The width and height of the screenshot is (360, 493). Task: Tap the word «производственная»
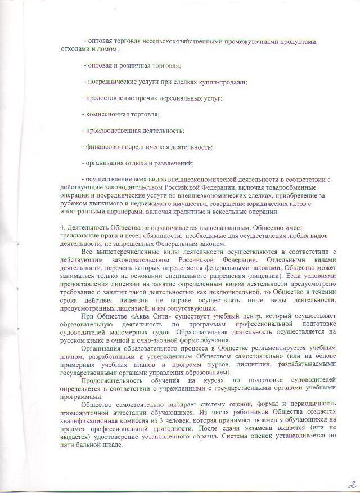click(x=112, y=131)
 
